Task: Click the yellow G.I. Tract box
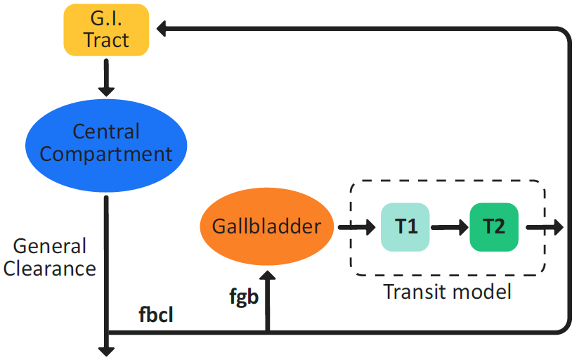click(106, 30)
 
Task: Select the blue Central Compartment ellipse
click(106, 143)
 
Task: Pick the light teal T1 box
click(405, 227)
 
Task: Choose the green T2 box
click(494, 227)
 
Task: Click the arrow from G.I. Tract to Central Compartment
click(106, 77)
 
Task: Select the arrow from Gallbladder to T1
click(358, 227)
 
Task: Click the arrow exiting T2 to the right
click(545, 227)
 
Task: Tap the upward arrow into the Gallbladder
click(267, 299)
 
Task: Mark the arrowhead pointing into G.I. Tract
click(161, 29)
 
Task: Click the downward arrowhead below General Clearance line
click(106, 349)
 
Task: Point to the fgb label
click(244, 297)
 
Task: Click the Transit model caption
click(448, 292)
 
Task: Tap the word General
click(50, 247)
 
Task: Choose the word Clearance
click(49, 268)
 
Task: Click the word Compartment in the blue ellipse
click(106, 154)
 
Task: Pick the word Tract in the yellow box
click(106, 40)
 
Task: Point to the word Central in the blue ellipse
click(106, 131)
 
